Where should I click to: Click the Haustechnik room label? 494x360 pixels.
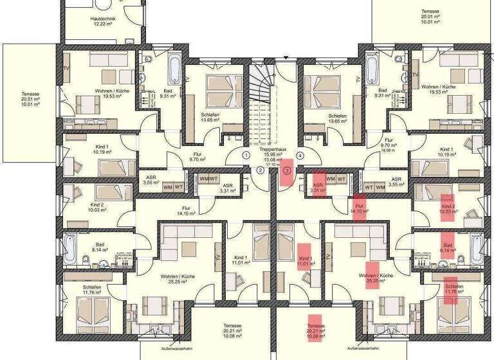click(103, 19)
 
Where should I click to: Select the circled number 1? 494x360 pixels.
click(246, 155)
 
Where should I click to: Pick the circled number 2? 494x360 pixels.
click(260, 170)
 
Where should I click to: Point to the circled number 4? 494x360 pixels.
click(300, 155)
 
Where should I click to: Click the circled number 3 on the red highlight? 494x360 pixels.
click(286, 170)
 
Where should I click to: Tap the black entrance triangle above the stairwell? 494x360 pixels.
click(286, 59)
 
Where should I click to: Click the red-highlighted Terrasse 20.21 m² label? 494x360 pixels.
click(314, 330)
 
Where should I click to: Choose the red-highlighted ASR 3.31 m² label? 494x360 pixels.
click(318, 187)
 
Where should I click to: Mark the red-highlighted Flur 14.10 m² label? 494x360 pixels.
click(360, 208)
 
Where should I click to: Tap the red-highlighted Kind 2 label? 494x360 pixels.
click(448, 208)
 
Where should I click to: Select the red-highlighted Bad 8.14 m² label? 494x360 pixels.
click(447, 246)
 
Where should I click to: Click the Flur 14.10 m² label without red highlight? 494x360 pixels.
click(187, 211)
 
